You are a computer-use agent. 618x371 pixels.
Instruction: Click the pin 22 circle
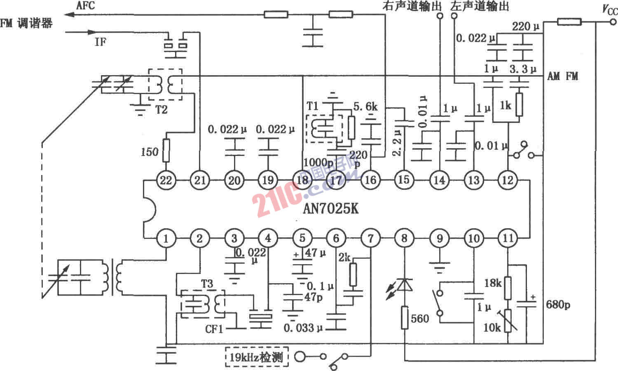click(166, 180)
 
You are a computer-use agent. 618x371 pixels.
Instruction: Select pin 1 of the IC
click(166, 238)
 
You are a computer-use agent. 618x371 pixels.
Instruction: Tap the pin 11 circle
click(508, 238)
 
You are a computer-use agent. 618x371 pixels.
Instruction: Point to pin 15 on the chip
click(404, 180)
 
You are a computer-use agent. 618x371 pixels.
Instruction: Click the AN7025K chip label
click(330, 209)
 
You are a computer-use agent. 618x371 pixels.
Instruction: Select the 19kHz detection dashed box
click(257, 357)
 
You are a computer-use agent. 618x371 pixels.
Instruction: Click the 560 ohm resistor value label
click(420, 319)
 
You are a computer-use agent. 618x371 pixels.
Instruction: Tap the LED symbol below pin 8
click(405, 285)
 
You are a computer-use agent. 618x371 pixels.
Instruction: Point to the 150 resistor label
click(149, 152)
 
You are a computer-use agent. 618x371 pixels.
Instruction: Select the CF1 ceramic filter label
click(214, 329)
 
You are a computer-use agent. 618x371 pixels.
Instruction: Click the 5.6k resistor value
click(365, 107)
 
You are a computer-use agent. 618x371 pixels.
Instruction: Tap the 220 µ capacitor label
click(525, 27)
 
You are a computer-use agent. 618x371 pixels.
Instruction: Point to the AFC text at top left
click(86, 6)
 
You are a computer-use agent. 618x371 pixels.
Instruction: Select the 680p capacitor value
click(558, 305)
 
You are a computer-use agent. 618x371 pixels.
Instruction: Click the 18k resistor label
click(492, 283)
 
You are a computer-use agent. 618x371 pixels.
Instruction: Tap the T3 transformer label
click(207, 284)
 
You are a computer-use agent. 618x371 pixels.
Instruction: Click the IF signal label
click(100, 42)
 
